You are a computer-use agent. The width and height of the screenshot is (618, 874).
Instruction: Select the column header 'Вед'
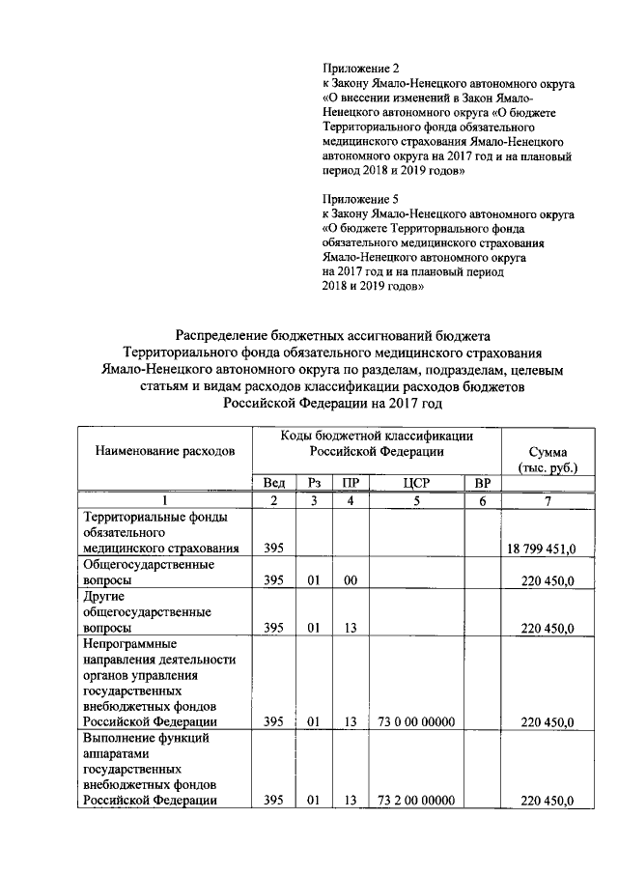point(273,483)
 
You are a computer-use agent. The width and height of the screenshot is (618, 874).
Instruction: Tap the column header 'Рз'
point(313,483)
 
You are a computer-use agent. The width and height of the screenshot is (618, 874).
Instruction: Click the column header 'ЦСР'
point(414,483)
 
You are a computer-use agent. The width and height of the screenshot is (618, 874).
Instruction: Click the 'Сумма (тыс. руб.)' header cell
point(548,460)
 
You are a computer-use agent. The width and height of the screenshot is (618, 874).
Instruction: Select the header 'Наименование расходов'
point(164,451)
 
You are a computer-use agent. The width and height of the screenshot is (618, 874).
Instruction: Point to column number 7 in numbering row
point(548,500)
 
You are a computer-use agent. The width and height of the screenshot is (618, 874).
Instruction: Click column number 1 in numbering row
point(164,500)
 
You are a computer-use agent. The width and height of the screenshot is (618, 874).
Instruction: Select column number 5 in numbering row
point(414,500)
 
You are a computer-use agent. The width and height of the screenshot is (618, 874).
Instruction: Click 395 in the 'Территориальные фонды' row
point(273,549)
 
